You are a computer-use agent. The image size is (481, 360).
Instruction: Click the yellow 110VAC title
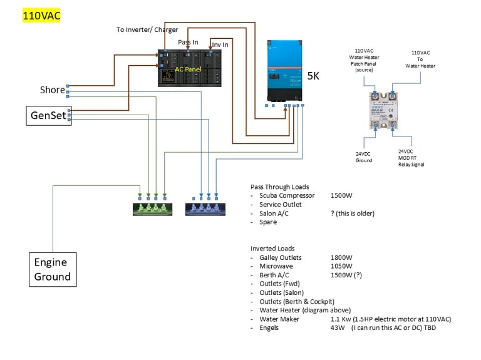click(x=42, y=16)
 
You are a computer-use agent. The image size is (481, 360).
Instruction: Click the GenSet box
click(x=49, y=115)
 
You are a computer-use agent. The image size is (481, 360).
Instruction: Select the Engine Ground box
click(x=53, y=269)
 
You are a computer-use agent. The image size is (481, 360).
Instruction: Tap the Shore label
click(x=52, y=90)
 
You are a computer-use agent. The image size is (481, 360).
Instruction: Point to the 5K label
click(x=313, y=76)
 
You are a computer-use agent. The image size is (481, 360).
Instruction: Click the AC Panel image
click(x=189, y=69)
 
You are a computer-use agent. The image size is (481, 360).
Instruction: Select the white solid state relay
click(x=385, y=110)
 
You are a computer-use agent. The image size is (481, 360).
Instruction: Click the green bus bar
click(x=152, y=209)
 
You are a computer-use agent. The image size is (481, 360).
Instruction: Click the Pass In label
click(x=188, y=43)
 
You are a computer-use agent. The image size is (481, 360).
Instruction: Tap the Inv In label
click(x=219, y=44)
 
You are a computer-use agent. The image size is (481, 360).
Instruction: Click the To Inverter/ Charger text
click(x=147, y=29)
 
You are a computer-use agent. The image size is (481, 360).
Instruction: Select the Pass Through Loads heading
click(x=279, y=187)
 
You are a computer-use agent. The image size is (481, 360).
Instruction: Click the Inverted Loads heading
click(x=272, y=249)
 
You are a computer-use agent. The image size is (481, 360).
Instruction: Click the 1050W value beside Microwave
click(x=342, y=266)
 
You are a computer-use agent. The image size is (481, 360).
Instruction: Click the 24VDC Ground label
click(x=363, y=156)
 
